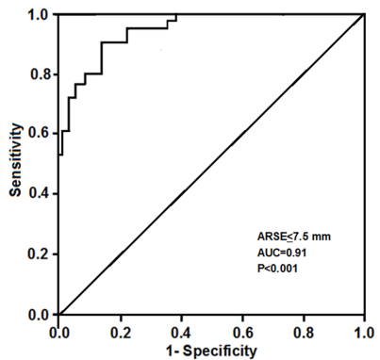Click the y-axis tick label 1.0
(39, 15)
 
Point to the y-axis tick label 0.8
(39, 74)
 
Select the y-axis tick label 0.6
(39, 134)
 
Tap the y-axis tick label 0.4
(39, 194)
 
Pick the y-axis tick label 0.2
(39, 254)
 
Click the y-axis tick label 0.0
(39, 314)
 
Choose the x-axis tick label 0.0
(58, 332)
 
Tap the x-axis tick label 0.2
(120, 332)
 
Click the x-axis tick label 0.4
(181, 332)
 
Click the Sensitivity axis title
(16, 164)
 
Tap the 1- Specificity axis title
(211, 351)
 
